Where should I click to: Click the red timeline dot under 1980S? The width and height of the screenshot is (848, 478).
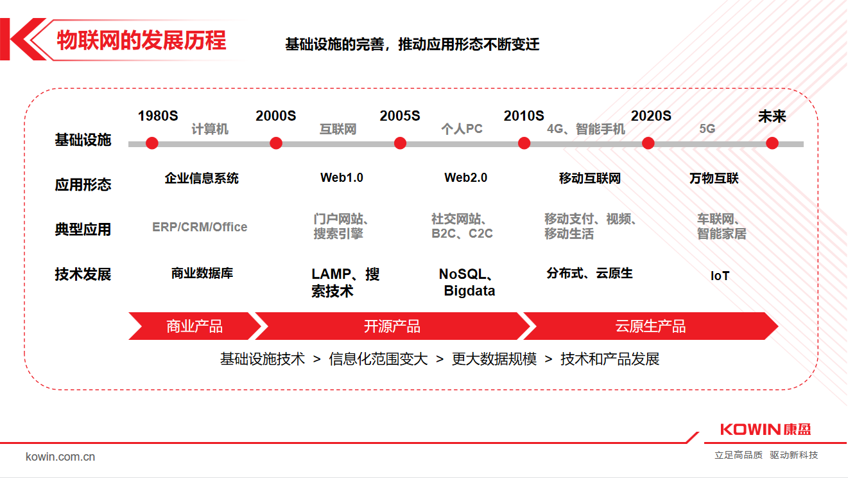point(152,143)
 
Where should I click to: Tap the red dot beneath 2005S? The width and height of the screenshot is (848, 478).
point(400,143)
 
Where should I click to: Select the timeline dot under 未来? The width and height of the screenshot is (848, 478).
point(772,143)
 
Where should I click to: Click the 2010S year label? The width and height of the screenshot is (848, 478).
point(524,116)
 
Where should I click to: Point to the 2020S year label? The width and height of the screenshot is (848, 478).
point(651,116)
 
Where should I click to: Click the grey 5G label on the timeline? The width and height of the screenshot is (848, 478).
point(707,129)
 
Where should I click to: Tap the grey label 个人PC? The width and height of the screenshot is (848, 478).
point(462,129)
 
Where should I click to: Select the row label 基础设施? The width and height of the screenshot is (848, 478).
point(83,140)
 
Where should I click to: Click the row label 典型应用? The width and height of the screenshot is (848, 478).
point(83,229)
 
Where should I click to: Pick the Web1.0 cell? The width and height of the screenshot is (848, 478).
point(342,178)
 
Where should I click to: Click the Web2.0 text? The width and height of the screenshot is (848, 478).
point(465,178)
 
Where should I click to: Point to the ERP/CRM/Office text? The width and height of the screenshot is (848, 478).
point(200,227)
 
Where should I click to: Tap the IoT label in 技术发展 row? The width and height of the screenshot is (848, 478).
point(720,276)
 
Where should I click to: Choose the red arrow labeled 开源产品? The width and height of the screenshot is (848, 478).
point(392,326)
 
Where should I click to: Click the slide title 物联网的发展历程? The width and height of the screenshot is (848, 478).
point(141,40)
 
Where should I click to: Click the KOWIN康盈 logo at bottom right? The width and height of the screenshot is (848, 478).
point(765,429)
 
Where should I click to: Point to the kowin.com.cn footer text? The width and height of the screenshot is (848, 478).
point(60,457)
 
